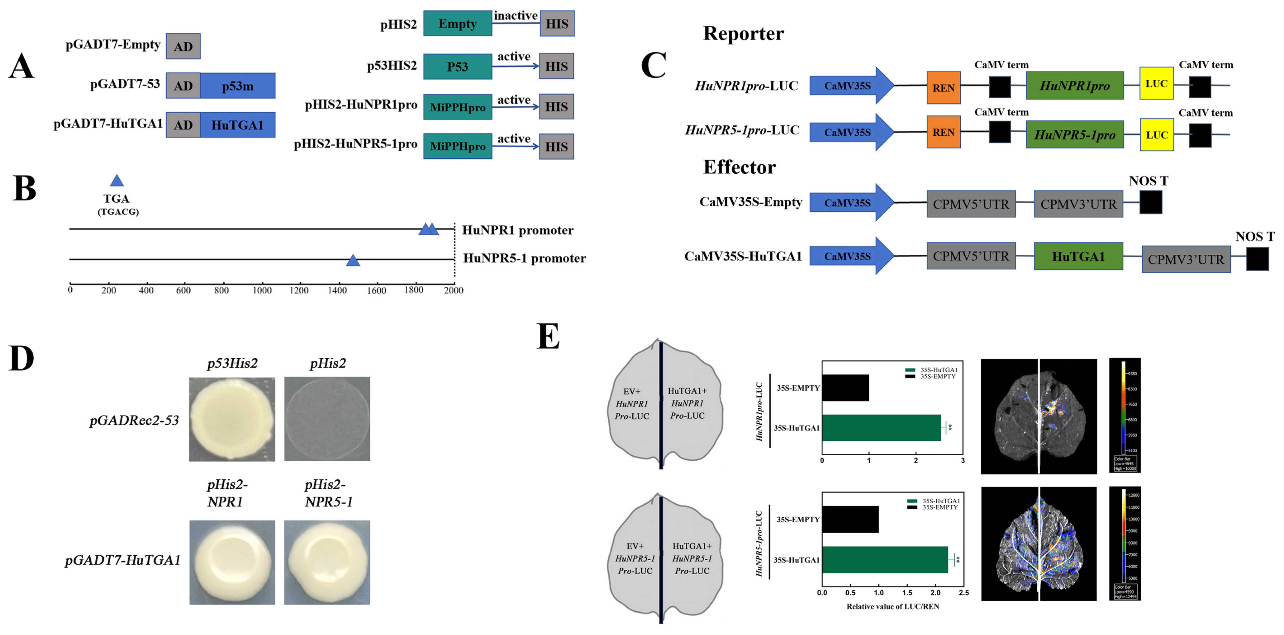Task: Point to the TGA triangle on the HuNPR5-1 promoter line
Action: click(353, 260)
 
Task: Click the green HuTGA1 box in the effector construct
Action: click(1078, 256)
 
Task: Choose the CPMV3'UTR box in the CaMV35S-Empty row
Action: click(1078, 204)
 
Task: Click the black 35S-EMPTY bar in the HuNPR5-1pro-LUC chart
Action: click(850, 519)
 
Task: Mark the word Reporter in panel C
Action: click(743, 33)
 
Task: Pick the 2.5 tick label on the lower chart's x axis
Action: click(963, 593)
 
